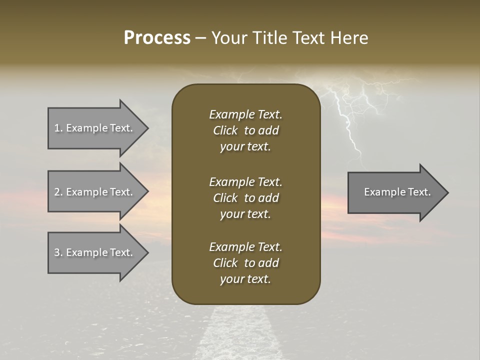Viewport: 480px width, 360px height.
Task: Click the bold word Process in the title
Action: (x=157, y=38)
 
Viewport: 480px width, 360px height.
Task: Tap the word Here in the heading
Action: (x=348, y=38)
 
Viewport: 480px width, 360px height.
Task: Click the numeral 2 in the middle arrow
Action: (x=56, y=192)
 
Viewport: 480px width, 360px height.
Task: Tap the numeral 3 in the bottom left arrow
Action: (x=56, y=252)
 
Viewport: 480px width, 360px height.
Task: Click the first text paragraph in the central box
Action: (x=245, y=130)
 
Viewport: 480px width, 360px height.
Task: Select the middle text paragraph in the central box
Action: (x=245, y=197)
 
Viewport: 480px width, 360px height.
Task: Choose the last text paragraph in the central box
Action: (x=245, y=263)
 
